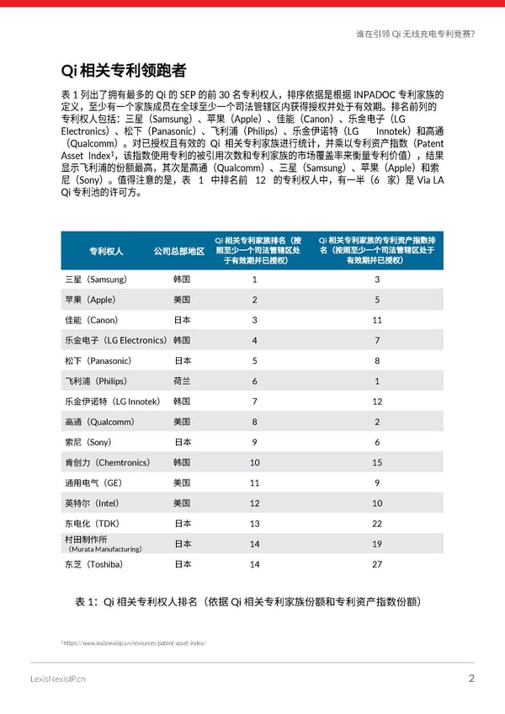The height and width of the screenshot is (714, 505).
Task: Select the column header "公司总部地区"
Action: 178,251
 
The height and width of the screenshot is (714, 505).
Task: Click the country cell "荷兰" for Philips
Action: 183,381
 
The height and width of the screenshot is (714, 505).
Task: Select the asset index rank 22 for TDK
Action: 377,524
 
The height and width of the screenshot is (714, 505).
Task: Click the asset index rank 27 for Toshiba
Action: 377,564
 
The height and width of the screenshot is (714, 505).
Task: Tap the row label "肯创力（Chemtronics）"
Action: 106,462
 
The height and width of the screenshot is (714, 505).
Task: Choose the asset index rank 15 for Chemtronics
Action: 377,462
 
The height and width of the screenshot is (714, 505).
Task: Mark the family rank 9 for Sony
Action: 254,442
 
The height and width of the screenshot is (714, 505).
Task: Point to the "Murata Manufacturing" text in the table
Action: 105,549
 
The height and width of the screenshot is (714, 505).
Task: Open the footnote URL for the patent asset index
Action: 135,643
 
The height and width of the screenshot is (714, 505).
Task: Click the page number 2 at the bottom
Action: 472,679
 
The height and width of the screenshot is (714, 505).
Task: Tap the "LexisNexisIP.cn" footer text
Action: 57,679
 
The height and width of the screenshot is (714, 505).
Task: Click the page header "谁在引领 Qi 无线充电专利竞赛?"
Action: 415,35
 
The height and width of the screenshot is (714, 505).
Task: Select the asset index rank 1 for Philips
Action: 377,381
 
